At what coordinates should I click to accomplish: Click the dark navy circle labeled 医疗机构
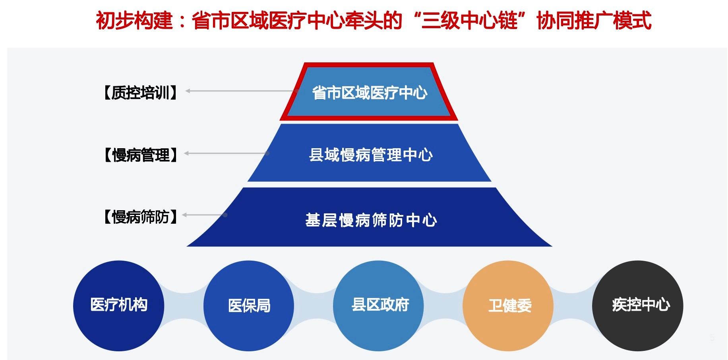click(118, 306)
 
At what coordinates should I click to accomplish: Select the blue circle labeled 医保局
click(249, 306)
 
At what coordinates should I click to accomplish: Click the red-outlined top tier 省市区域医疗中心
click(369, 93)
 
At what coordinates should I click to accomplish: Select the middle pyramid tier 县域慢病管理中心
click(370, 154)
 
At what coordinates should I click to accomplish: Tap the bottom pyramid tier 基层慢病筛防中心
click(370, 219)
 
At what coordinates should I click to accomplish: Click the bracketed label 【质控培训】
click(140, 93)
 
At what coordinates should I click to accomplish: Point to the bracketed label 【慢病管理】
click(140, 155)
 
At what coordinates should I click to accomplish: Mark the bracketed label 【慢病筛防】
click(140, 217)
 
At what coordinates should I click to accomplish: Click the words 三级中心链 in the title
click(469, 21)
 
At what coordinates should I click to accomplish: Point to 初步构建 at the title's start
click(134, 21)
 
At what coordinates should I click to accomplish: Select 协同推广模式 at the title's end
click(594, 21)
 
